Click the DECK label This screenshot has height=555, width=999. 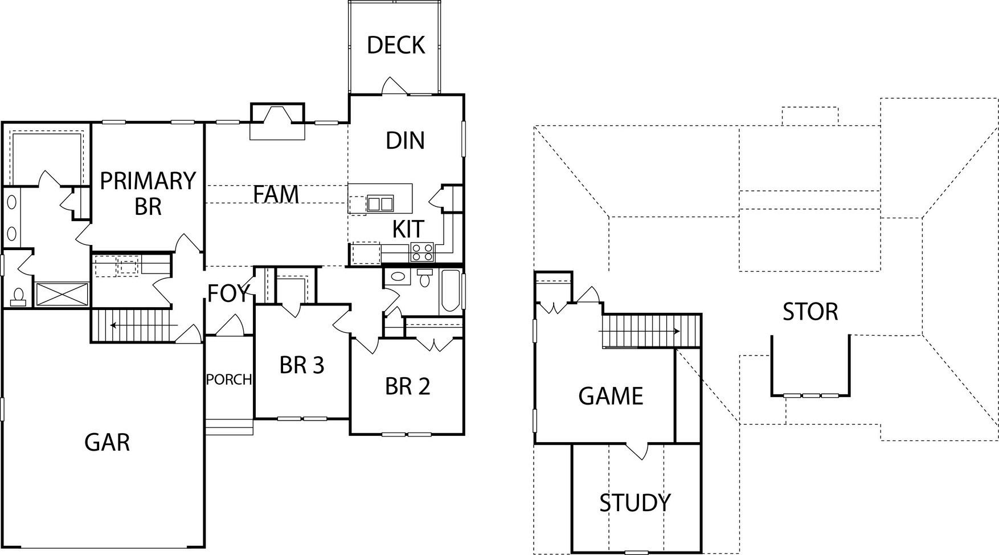click(x=396, y=45)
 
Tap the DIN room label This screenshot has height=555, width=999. click(x=405, y=141)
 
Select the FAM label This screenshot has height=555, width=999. click(x=276, y=194)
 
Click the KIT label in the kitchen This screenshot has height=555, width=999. click(x=408, y=229)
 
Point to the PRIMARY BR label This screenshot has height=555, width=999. click(x=148, y=193)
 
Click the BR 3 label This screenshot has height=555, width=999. click(x=302, y=365)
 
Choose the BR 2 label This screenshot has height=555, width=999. click(x=407, y=386)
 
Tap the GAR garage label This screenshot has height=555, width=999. click(x=107, y=442)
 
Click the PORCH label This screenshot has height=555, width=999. click(x=229, y=379)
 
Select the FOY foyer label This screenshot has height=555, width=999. click(x=228, y=293)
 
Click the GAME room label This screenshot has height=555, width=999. click(x=611, y=396)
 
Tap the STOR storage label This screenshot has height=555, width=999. click(x=810, y=312)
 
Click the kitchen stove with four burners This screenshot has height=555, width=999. click(x=422, y=252)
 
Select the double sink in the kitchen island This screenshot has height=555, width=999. click(x=380, y=203)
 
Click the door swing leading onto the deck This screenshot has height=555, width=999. click(x=392, y=85)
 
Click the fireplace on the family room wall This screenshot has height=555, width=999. click(x=277, y=121)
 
